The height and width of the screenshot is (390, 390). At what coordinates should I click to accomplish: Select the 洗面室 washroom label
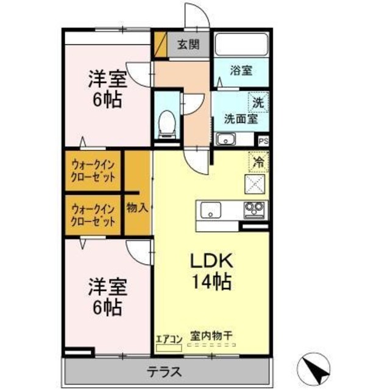[239, 119]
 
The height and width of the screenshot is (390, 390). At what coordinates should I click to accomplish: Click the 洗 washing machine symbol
[258, 103]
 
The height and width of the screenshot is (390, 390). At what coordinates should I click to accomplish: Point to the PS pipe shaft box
[263, 141]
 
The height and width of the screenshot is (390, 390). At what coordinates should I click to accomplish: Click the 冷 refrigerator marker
[258, 162]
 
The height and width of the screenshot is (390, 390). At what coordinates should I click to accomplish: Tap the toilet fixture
[166, 122]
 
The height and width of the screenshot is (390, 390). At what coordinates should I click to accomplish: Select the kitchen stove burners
[254, 210]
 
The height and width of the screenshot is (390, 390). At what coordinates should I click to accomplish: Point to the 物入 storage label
[137, 207]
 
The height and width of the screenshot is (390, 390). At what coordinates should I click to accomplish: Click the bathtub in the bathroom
[241, 44]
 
